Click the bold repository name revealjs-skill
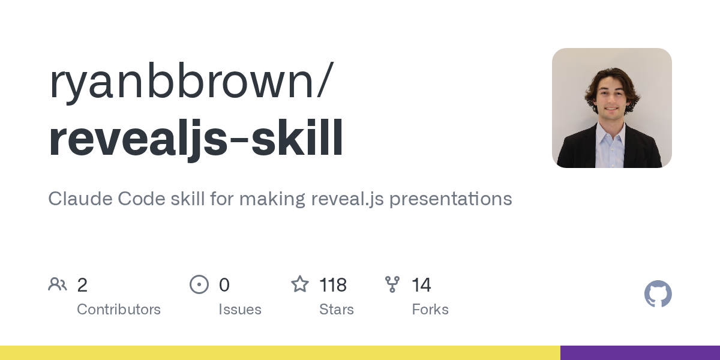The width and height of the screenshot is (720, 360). click(196, 139)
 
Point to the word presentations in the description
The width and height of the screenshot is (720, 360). click(451, 199)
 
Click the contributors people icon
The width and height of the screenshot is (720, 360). click(58, 284)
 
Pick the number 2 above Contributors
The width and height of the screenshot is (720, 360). click(82, 285)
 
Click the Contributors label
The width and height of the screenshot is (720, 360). click(119, 310)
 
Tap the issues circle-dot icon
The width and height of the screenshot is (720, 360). click(199, 284)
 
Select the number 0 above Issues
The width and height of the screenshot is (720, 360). click(224, 285)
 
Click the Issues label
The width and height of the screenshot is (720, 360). click(240, 310)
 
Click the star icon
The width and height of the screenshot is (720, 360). click(299, 284)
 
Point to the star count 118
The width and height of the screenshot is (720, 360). click(333, 285)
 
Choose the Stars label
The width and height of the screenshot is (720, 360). click(337, 310)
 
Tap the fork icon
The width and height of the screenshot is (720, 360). click(392, 284)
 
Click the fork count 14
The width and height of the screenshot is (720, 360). click(421, 285)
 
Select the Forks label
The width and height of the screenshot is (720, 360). click(430, 310)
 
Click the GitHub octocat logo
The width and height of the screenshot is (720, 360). click(658, 294)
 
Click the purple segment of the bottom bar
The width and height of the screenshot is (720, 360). click(640, 353)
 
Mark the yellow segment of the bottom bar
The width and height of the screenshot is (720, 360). click(280, 353)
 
